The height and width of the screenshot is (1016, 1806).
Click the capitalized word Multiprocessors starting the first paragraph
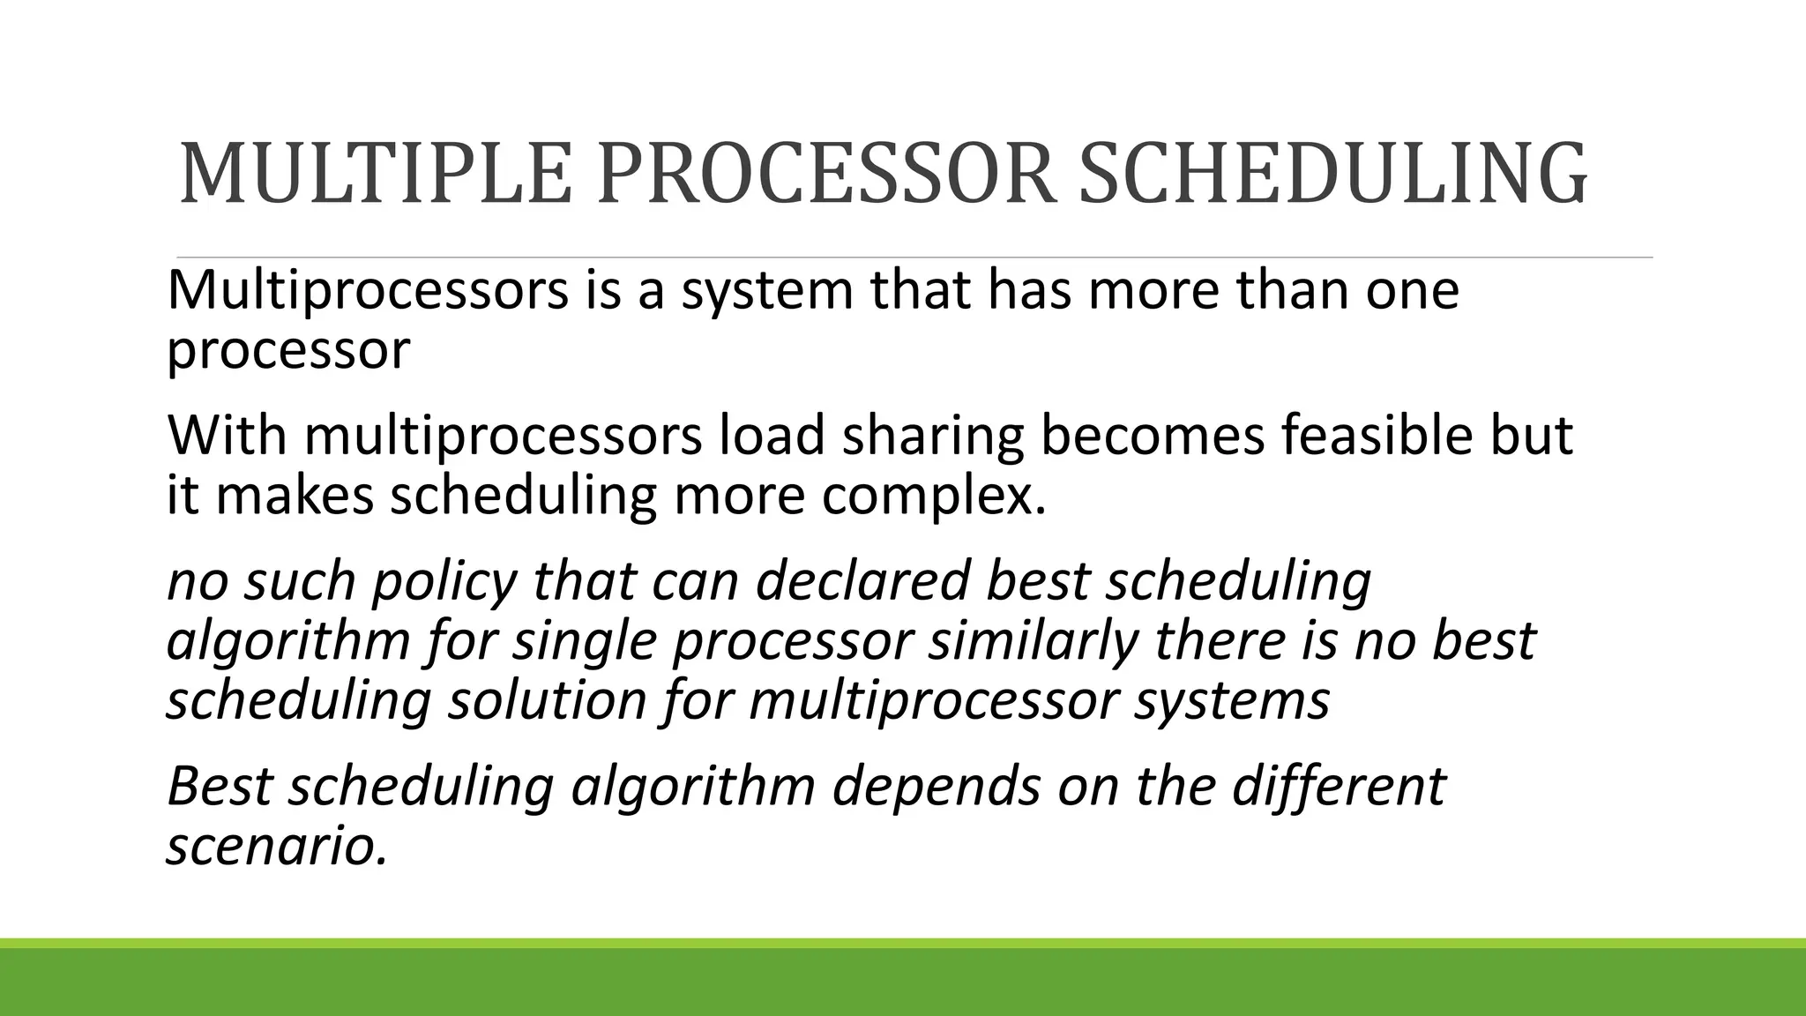(368, 291)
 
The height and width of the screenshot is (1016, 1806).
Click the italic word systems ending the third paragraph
(1232, 700)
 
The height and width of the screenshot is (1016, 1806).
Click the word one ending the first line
(1412, 291)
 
